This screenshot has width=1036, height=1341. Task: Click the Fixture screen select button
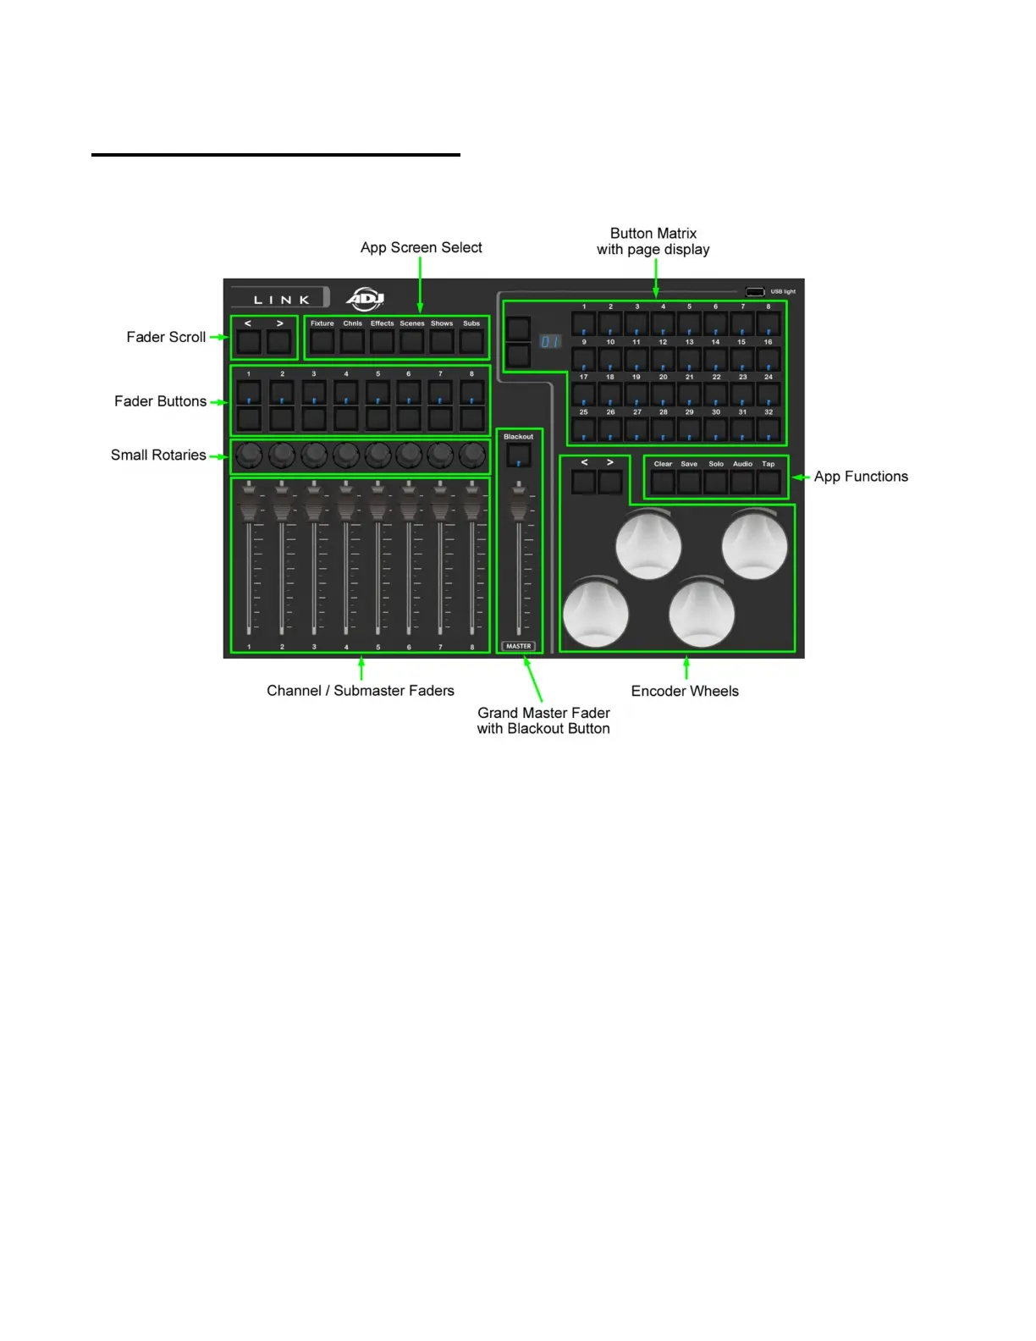[x=322, y=342]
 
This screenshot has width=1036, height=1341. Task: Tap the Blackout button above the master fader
[x=518, y=456]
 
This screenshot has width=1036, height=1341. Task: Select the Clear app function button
[x=663, y=483]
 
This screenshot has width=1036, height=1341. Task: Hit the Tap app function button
[x=769, y=483]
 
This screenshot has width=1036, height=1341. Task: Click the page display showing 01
[x=550, y=342]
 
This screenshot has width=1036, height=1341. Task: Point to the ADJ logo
[x=366, y=299]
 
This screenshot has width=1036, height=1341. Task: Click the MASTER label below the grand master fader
[x=518, y=646]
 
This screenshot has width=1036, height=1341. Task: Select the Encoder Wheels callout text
[x=685, y=691]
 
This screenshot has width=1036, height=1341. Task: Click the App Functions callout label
[x=861, y=477]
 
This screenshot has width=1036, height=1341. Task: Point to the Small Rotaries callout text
[x=158, y=455]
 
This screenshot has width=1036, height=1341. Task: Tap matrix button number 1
[x=584, y=324]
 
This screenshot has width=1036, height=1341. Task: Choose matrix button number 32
[x=769, y=429]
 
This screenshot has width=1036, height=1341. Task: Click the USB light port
[x=755, y=292]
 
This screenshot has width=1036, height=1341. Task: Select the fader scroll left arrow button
[x=249, y=342]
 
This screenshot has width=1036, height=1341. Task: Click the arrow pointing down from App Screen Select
[x=420, y=284]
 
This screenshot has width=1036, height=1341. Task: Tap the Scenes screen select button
[x=412, y=342]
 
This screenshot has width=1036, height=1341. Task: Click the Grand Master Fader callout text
[x=543, y=720]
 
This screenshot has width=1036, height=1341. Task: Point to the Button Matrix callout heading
[x=653, y=241]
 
